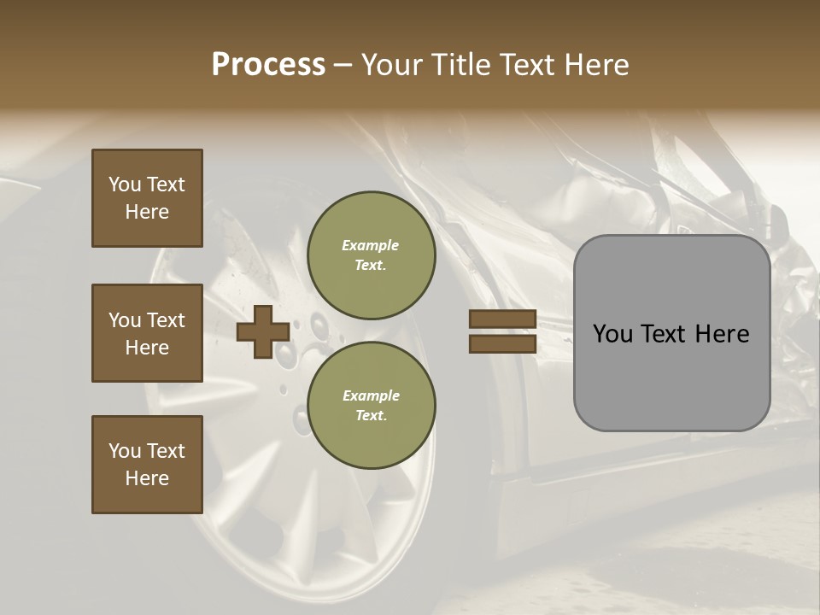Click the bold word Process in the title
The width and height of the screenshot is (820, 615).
pyautogui.click(x=268, y=65)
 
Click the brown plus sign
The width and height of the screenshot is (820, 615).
pyautogui.click(x=262, y=331)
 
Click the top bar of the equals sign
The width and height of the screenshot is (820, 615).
pyautogui.click(x=503, y=319)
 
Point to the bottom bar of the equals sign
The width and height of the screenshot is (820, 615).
pyautogui.click(x=503, y=343)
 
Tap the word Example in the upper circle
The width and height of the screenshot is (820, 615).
pyautogui.click(x=371, y=246)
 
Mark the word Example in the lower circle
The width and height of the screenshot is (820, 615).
pyautogui.click(x=371, y=396)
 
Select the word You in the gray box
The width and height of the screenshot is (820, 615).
pyautogui.click(x=612, y=334)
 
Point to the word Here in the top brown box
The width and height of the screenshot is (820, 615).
pyautogui.click(x=147, y=212)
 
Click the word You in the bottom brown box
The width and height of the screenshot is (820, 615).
pyautogui.click(x=125, y=451)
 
